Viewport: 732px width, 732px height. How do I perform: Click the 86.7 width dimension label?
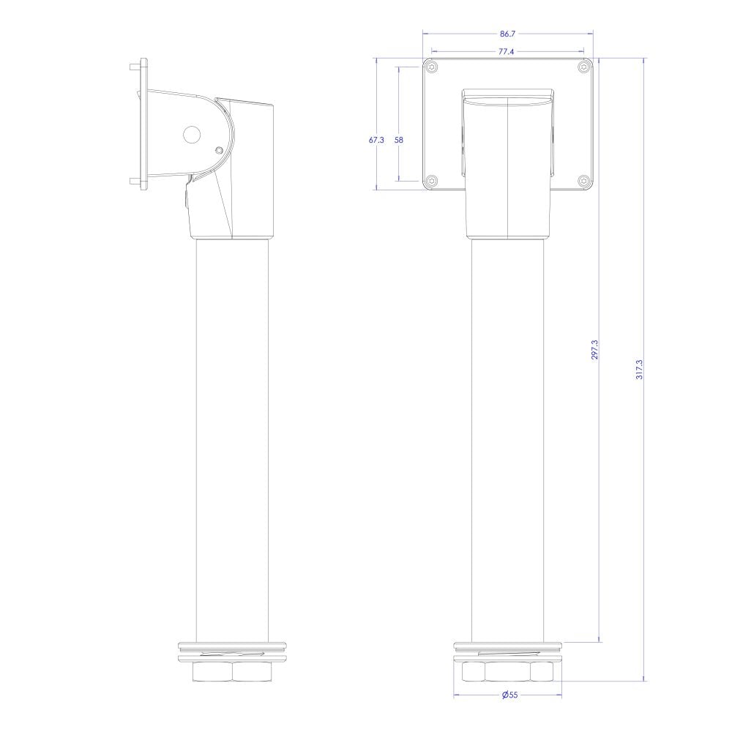[507, 34]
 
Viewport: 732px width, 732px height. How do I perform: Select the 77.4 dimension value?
[506, 51]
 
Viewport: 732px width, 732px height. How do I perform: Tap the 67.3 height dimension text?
[376, 140]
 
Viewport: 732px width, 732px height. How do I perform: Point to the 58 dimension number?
[399, 140]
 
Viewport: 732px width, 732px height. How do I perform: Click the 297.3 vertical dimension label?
[594, 349]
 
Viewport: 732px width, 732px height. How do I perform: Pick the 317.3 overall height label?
[640, 369]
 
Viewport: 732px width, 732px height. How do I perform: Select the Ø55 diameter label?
[509, 695]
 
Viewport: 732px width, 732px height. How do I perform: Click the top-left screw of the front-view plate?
[433, 67]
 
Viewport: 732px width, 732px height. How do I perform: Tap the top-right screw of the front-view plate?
[584, 67]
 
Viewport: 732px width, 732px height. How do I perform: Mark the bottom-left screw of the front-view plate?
[433, 180]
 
